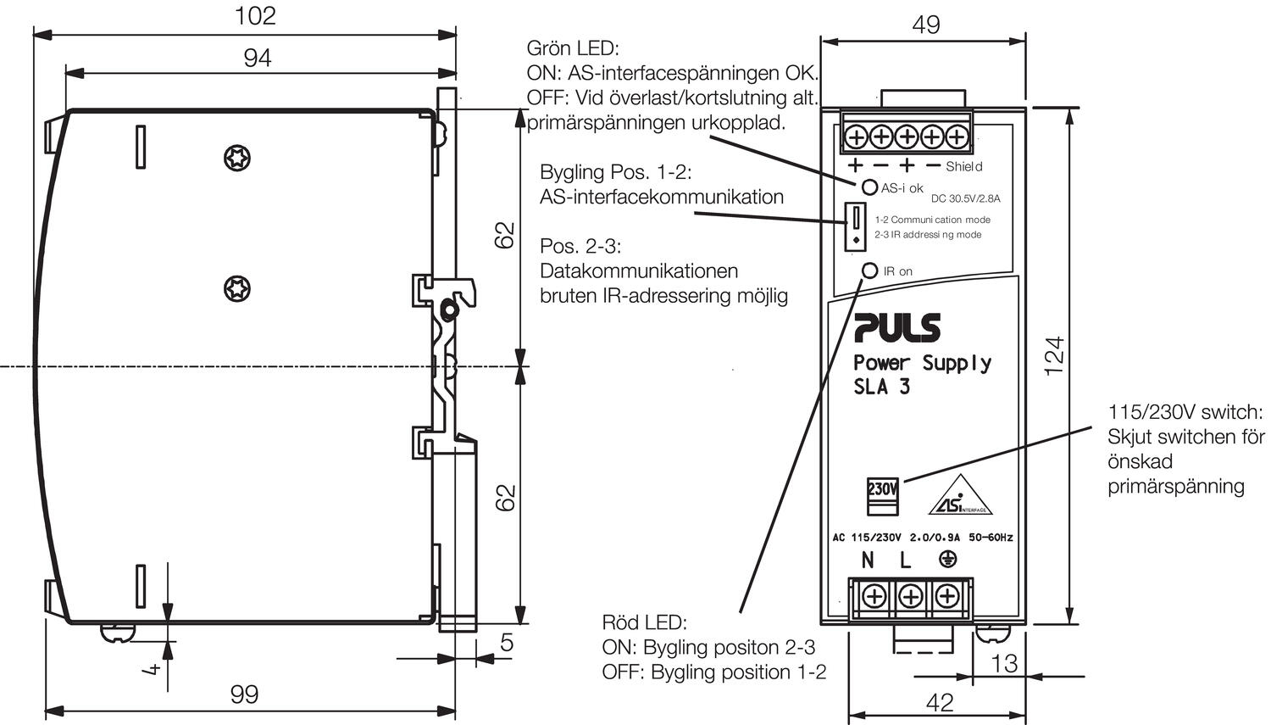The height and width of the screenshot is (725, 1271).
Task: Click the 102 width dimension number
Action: pyautogui.click(x=255, y=15)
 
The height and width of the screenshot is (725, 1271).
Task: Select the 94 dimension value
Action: pyautogui.click(x=257, y=58)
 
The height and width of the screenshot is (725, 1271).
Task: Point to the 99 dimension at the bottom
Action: pyautogui.click(x=244, y=694)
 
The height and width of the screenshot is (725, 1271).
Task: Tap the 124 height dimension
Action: pyautogui.click(x=1053, y=356)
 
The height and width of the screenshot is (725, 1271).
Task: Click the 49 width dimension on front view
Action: pyautogui.click(x=925, y=25)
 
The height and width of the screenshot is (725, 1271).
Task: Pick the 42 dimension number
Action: pyautogui.click(x=940, y=702)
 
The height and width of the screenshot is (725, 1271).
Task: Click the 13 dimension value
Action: pyautogui.click(x=1004, y=662)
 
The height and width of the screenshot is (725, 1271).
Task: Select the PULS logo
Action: pyautogui.click(x=897, y=327)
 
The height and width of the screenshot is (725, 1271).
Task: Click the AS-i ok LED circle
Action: pyautogui.click(x=869, y=187)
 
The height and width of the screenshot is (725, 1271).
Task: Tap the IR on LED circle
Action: pyautogui.click(x=870, y=270)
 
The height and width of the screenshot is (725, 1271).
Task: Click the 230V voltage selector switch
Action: pyautogui.click(x=881, y=495)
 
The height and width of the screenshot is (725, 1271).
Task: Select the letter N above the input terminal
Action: pyautogui.click(x=867, y=560)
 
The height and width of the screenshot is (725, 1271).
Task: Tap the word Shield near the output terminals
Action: pyautogui.click(x=964, y=166)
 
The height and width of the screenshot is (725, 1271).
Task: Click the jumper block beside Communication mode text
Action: pyautogui.click(x=856, y=226)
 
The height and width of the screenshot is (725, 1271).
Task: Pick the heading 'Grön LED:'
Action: pyautogui.click(x=573, y=48)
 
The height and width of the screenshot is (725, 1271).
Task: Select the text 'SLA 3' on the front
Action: pyautogui.click(x=881, y=388)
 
